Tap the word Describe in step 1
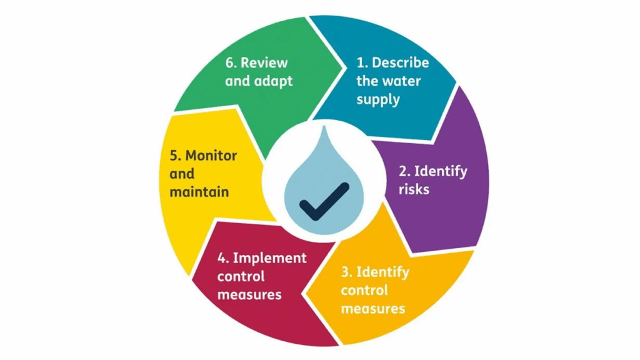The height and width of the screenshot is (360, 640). [401, 62]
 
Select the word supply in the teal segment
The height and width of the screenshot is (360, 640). [378, 99]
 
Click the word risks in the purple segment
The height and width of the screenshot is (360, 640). [414, 188]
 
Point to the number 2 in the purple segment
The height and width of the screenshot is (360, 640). [403, 171]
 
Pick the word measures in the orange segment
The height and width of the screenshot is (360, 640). [373, 308]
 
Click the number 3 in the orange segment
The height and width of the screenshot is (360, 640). [346, 272]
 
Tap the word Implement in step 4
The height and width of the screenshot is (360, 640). [270, 257]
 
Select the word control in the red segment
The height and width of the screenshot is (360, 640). [241, 276]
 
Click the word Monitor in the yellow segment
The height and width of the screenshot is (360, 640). [211, 156]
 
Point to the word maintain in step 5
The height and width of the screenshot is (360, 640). [199, 191]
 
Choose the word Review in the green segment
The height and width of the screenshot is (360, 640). [264, 62]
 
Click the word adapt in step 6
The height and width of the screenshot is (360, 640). [273, 81]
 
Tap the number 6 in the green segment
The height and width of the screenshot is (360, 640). [229, 62]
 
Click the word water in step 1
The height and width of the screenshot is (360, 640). [401, 81]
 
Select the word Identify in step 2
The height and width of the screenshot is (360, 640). [441, 171]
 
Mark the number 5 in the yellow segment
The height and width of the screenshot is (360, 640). [174, 156]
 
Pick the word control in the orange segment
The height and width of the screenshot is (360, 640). [364, 290]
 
